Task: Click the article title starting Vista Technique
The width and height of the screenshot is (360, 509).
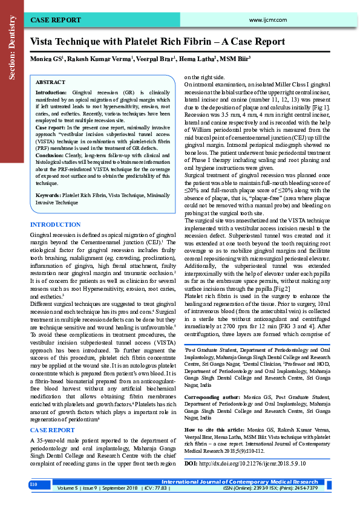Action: tap(157, 42)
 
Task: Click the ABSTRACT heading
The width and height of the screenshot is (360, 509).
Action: tap(51, 82)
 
